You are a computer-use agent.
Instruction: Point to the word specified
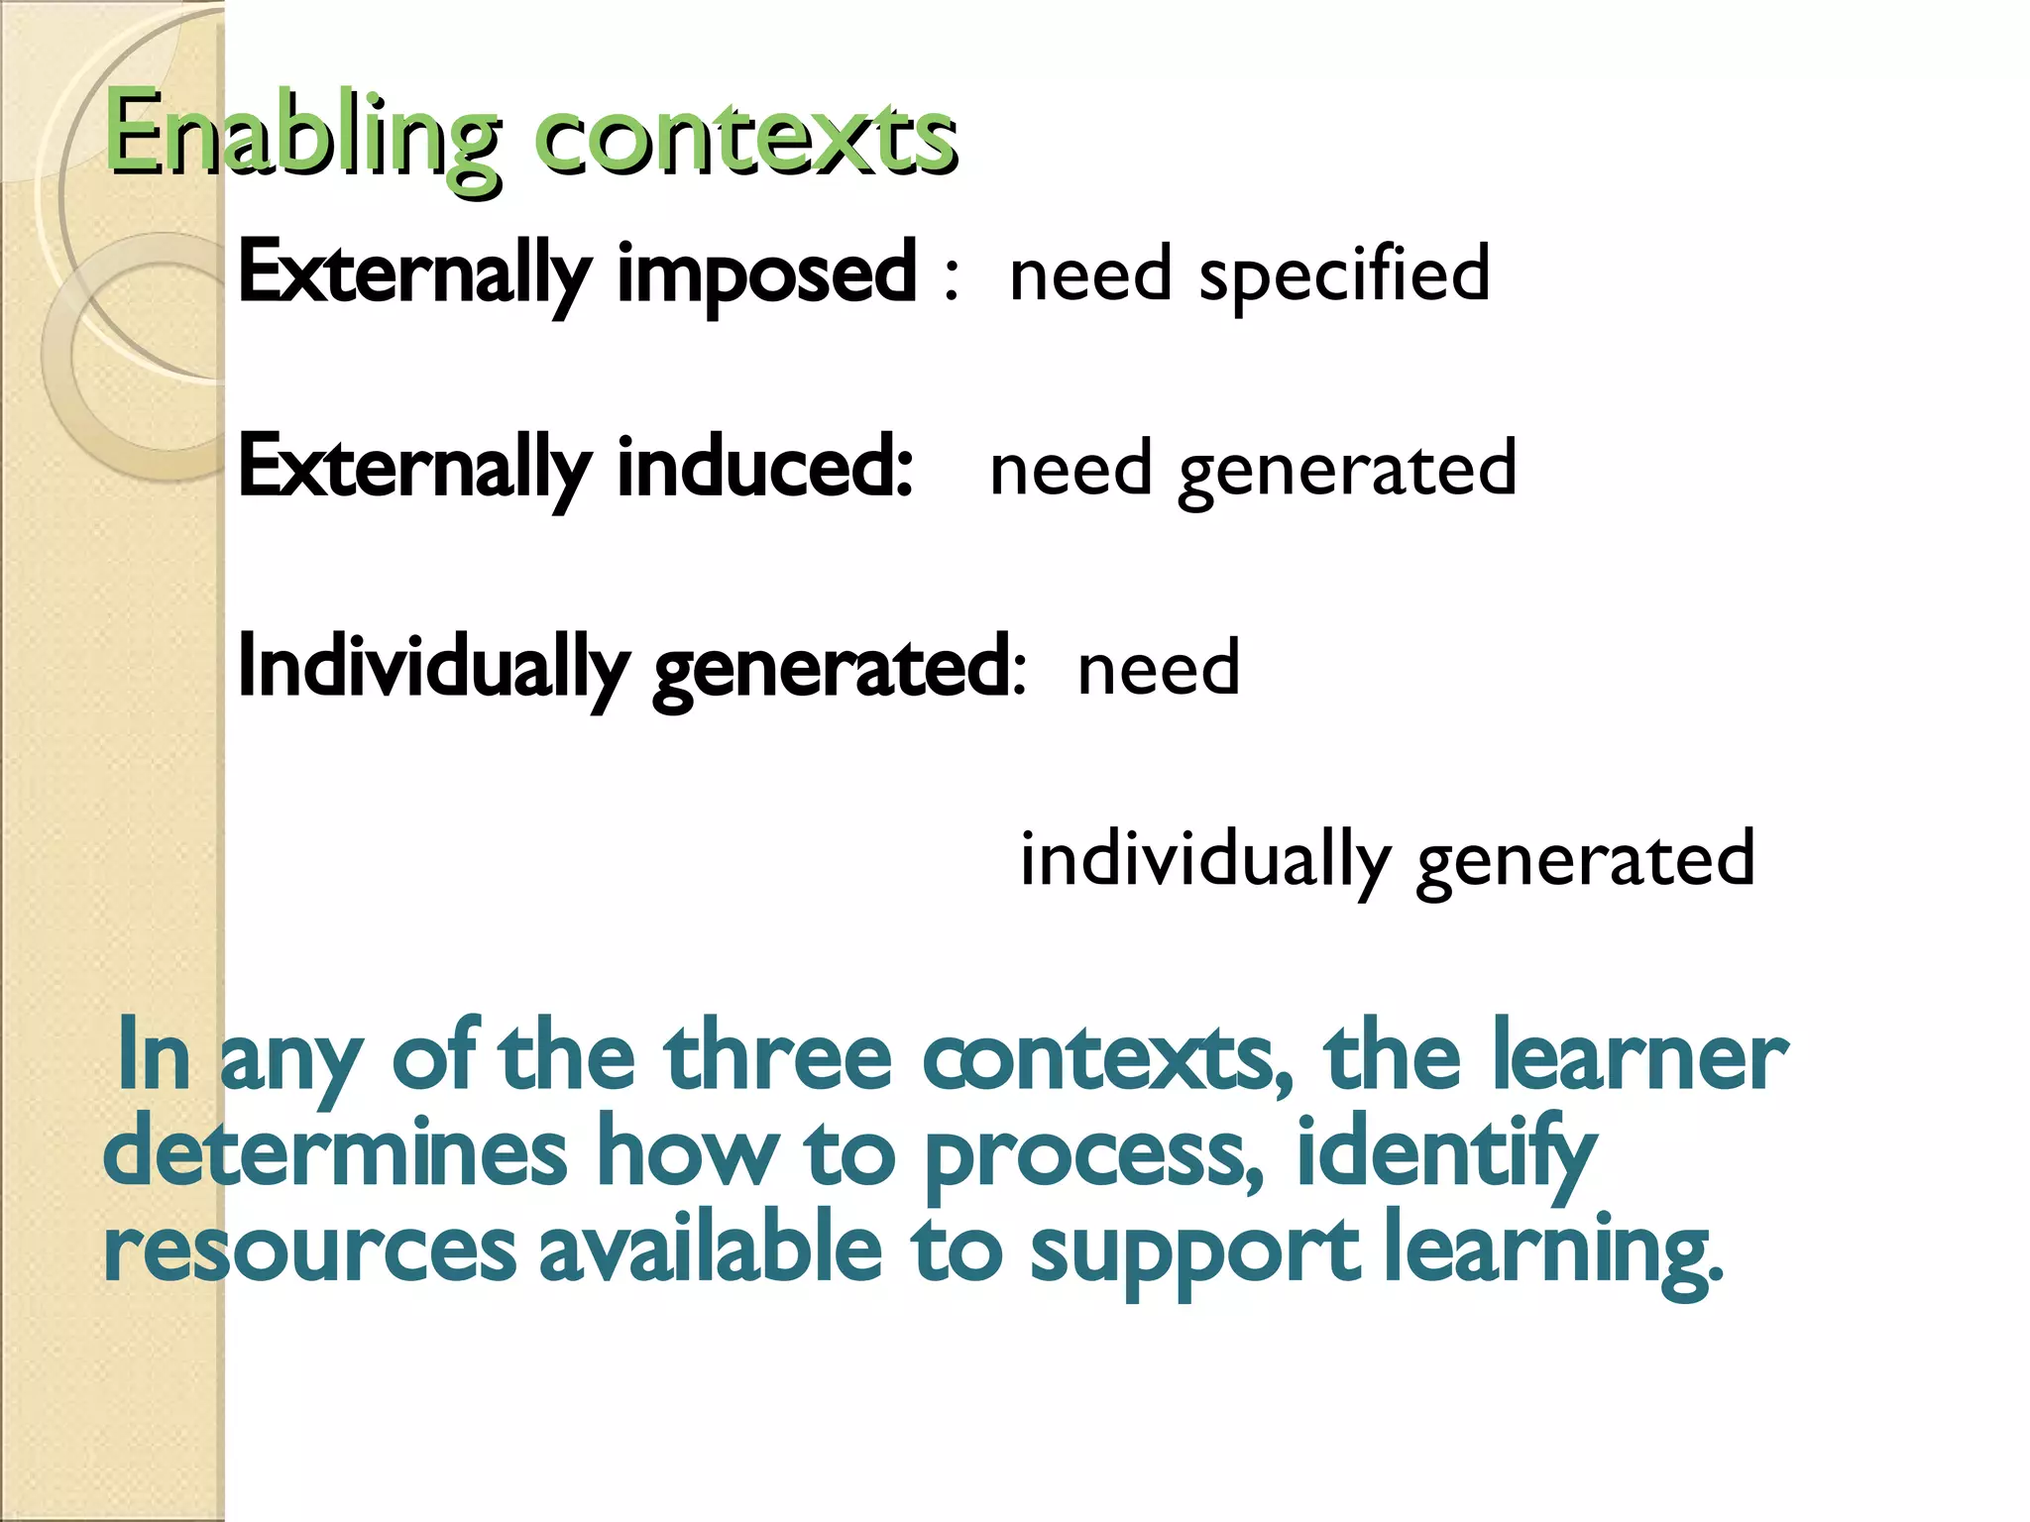point(1344,274)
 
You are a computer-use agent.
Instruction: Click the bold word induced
point(764,467)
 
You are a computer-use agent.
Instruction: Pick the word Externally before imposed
point(414,274)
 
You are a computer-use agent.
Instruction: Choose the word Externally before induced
point(414,469)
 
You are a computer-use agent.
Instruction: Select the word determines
point(335,1152)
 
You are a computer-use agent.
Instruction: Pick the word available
point(710,1249)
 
